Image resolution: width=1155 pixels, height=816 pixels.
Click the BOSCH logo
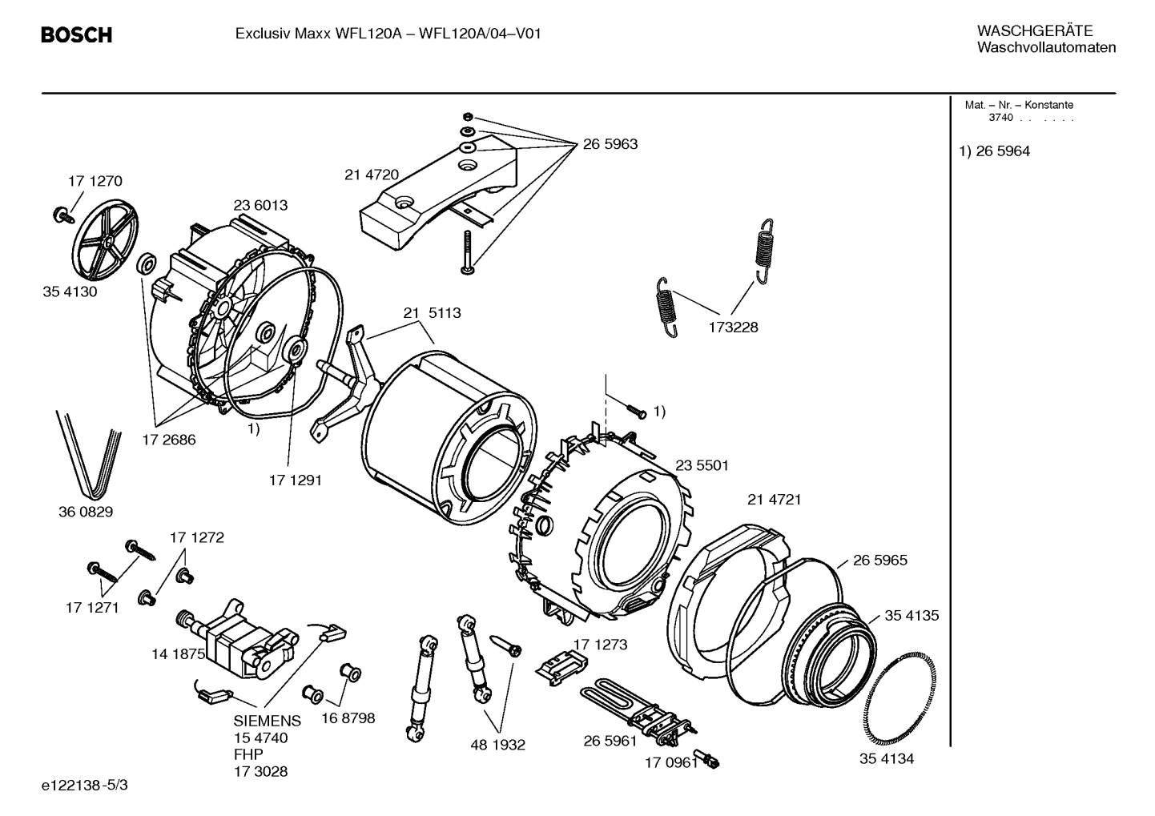click(x=76, y=35)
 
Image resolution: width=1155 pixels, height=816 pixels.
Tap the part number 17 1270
click(x=95, y=181)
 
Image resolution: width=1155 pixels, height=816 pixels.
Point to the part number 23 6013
click(x=260, y=205)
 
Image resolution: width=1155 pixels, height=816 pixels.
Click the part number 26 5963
click(x=610, y=144)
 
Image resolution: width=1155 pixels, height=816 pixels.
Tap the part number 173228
click(x=732, y=327)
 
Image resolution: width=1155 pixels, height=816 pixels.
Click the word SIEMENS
click(x=268, y=721)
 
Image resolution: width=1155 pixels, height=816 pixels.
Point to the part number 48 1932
click(x=497, y=745)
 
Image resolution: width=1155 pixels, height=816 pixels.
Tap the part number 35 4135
click(x=912, y=616)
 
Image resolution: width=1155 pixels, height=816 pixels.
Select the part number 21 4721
click(x=774, y=500)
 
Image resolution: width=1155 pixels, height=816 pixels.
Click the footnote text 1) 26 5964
click(x=995, y=151)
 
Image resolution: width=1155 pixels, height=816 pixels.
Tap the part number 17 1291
click(x=295, y=480)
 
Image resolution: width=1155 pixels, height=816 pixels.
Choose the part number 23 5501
click(x=702, y=465)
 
